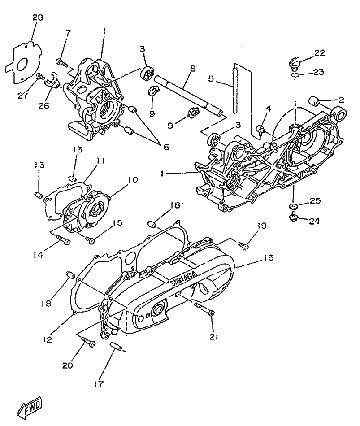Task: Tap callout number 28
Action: tap(37, 17)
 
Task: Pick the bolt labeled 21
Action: tap(205, 309)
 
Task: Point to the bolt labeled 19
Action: tap(243, 245)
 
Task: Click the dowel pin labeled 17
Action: tap(115, 347)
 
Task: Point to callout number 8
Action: tap(193, 69)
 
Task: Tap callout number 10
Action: tap(133, 180)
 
